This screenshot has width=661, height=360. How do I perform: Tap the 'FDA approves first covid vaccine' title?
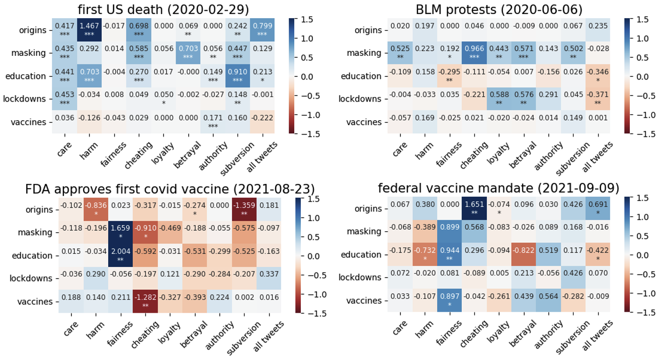[x=170, y=189]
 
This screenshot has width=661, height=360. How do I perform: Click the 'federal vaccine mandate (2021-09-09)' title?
[x=498, y=188]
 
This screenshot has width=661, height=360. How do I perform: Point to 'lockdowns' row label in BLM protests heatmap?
[x=363, y=99]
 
